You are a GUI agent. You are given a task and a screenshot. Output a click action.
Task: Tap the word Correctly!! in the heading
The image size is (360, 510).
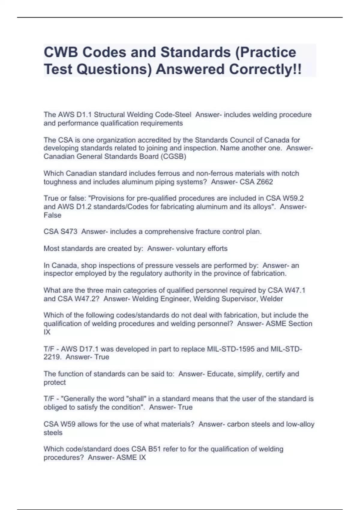click(x=265, y=69)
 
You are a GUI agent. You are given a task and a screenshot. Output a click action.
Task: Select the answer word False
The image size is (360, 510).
click(x=52, y=215)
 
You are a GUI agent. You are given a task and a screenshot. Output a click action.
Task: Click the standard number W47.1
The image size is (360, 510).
click(x=295, y=290)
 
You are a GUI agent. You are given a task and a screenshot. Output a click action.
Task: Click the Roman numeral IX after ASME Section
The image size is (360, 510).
click(x=47, y=332)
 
